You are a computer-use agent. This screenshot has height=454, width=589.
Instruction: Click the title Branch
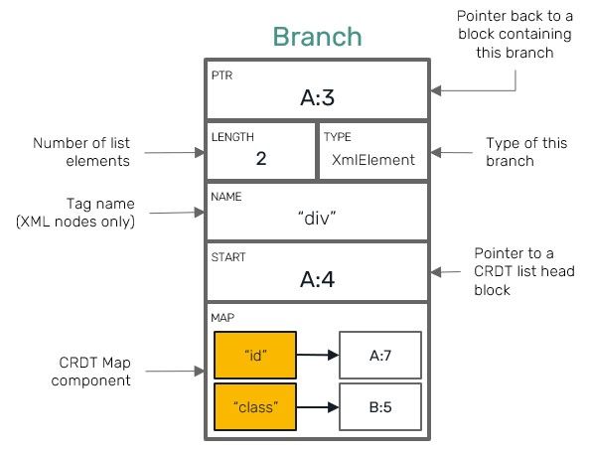tap(317, 38)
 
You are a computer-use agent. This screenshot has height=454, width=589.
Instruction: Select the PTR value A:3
tap(318, 97)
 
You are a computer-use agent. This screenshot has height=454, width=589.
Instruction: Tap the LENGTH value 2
tap(261, 158)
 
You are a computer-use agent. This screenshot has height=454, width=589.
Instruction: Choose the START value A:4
tap(317, 279)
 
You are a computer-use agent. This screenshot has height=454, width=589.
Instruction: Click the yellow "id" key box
tap(255, 352)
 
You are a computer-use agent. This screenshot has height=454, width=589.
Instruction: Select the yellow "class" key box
tap(255, 405)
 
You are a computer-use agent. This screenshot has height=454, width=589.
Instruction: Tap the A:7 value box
tap(380, 353)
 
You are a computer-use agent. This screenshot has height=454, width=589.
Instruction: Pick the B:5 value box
tap(380, 405)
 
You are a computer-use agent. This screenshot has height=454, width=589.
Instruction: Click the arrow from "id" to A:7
tap(318, 353)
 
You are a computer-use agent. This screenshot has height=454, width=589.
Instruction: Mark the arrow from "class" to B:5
tap(318, 405)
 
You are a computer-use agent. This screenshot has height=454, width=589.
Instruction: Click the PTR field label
tap(220, 76)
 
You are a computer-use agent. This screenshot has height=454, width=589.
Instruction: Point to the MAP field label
tap(221, 319)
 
